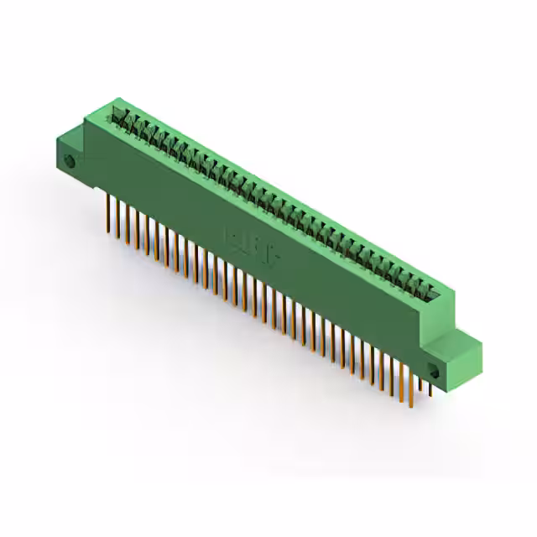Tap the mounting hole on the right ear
point(435,372)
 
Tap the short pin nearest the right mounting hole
point(430,388)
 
